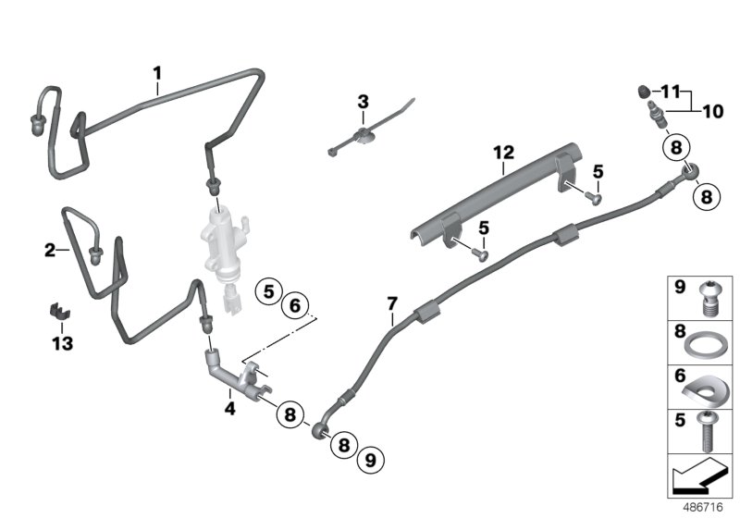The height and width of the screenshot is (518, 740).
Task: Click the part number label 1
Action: pyautogui.click(x=157, y=71)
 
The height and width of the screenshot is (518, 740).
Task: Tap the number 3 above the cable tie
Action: pyautogui.click(x=363, y=100)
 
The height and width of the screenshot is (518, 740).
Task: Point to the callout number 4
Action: pyautogui.click(x=228, y=403)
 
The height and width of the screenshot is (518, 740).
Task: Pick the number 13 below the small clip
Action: pyautogui.click(x=61, y=343)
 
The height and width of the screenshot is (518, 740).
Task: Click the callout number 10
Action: pyautogui.click(x=711, y=112)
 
